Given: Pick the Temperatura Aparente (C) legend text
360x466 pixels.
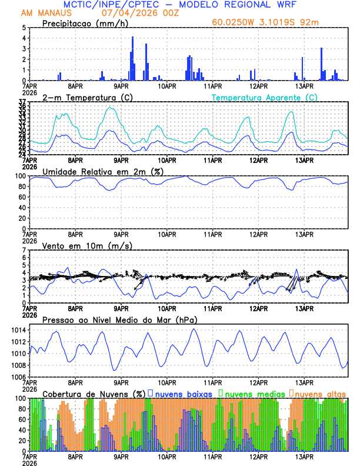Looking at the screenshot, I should coord(265,97).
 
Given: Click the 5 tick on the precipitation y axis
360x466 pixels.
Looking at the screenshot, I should coord(24,28).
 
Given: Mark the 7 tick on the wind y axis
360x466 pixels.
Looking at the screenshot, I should coord(24,251).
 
